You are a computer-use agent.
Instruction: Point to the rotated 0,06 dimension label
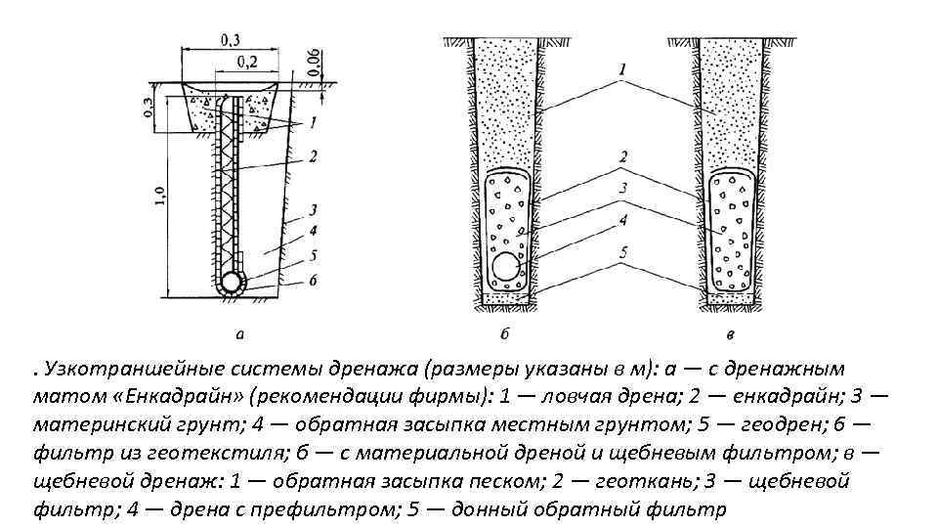(x=312, y=62)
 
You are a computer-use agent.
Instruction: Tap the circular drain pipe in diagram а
(x=233, y=283)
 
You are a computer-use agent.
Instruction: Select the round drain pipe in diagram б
(x=506, y=266)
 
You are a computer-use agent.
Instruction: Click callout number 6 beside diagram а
(x=312, y=282)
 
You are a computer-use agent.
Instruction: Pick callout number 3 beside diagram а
(x=312, y=209)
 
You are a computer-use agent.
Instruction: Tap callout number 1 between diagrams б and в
(x=622, y=68)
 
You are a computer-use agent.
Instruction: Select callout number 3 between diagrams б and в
(x=622, y=188)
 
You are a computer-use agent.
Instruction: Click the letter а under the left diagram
(x=240, y=334)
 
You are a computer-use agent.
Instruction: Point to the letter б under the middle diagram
(x=504, y=334)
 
